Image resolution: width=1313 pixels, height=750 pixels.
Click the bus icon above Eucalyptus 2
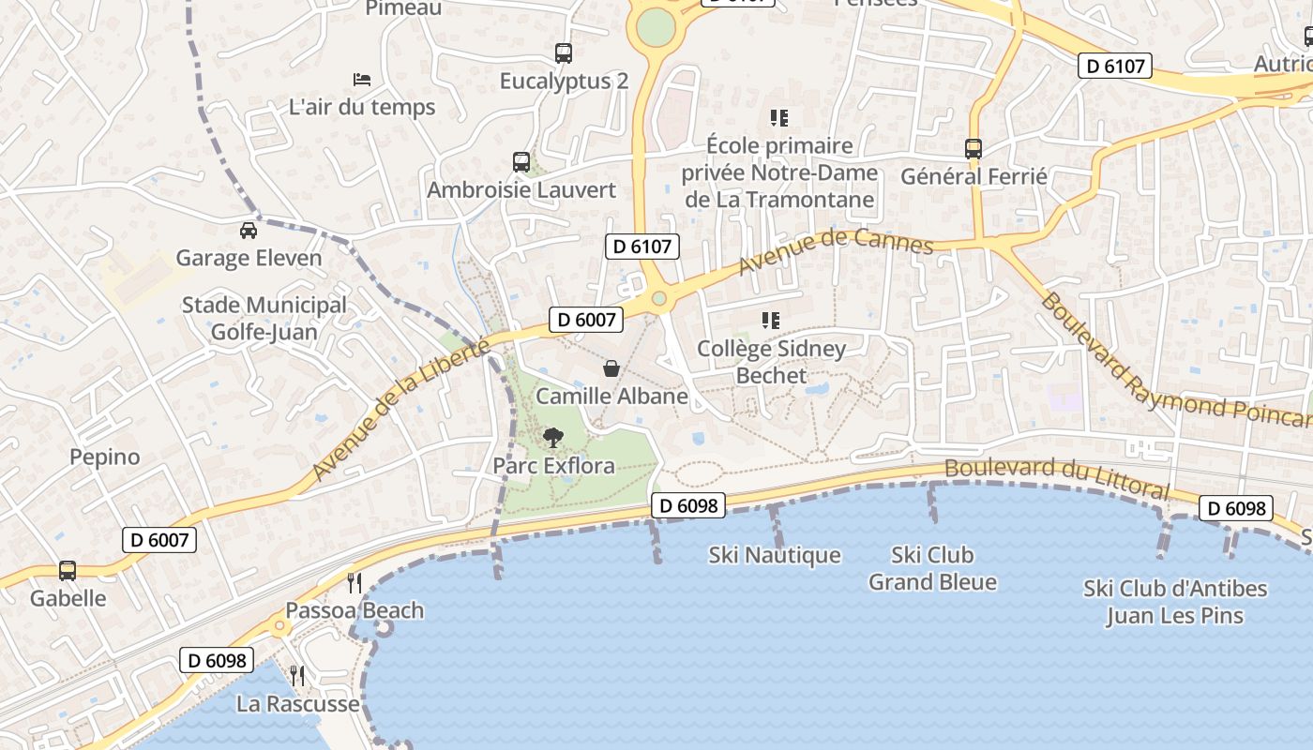point(563,53)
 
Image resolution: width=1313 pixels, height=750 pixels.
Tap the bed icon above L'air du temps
point(361,80)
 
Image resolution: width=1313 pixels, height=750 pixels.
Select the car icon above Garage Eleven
point(248,230)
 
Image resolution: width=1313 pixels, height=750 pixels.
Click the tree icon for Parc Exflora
point(553,437)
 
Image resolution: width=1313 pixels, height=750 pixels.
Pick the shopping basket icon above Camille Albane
point(611,368)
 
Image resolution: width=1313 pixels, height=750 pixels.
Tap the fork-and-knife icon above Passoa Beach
point(355,582)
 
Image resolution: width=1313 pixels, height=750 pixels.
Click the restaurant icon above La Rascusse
point(297,675)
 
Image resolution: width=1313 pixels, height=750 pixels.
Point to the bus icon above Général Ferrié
point(973,148)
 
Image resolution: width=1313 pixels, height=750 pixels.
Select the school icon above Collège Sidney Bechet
point(771,321)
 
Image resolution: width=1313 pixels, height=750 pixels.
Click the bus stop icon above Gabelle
point(68,570)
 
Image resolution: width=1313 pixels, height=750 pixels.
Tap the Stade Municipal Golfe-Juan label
point(264,319)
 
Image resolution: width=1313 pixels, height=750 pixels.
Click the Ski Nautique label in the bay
point(775,555)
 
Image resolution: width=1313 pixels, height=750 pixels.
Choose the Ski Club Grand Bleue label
point(932,568)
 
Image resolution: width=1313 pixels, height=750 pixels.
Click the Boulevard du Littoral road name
point(1057,477)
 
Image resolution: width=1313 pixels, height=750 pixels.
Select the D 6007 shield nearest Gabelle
point(159,540)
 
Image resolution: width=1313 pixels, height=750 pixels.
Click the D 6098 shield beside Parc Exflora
point(688,506)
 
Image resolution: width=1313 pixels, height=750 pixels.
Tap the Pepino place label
point(104,457)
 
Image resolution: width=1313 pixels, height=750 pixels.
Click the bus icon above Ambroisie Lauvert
point(521,162)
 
